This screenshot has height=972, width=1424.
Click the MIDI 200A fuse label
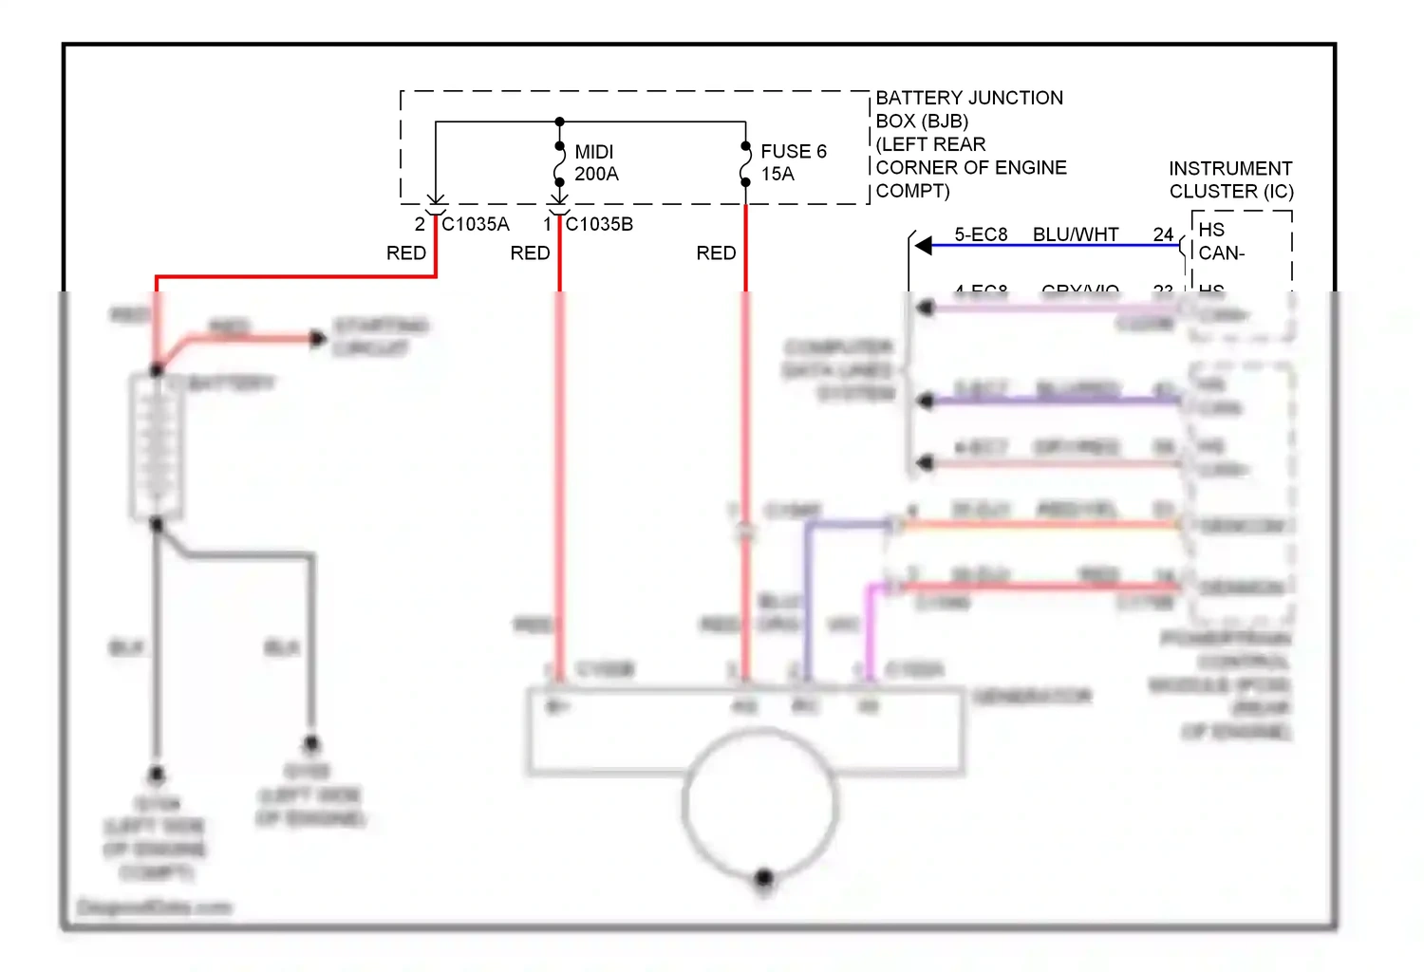(596, 162)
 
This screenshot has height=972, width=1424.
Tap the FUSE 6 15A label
(793, 162)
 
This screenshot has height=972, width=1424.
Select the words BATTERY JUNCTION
(968, 98)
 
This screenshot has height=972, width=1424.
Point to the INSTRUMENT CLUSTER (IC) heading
(1230, 179)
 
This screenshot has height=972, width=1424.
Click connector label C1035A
(476, 224)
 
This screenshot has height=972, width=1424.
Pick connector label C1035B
(599, 224)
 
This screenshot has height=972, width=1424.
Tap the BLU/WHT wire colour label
(1076, 234)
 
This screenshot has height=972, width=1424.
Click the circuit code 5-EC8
(981, 234)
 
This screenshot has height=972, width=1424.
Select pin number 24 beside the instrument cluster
(1163, 234)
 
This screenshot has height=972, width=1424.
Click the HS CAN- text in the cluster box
(1221, 241)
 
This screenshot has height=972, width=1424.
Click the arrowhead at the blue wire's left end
(923, 246)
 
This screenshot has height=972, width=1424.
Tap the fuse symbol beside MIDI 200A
(560, 163)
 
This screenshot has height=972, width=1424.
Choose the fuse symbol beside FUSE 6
(746, 163)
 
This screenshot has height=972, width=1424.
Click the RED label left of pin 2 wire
(406, 253)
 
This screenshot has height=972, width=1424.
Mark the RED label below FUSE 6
(716, 253)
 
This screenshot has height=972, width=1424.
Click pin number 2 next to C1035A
(420, 224)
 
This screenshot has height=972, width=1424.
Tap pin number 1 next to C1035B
(548, 224)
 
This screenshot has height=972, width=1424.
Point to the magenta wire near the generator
(869, 626)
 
